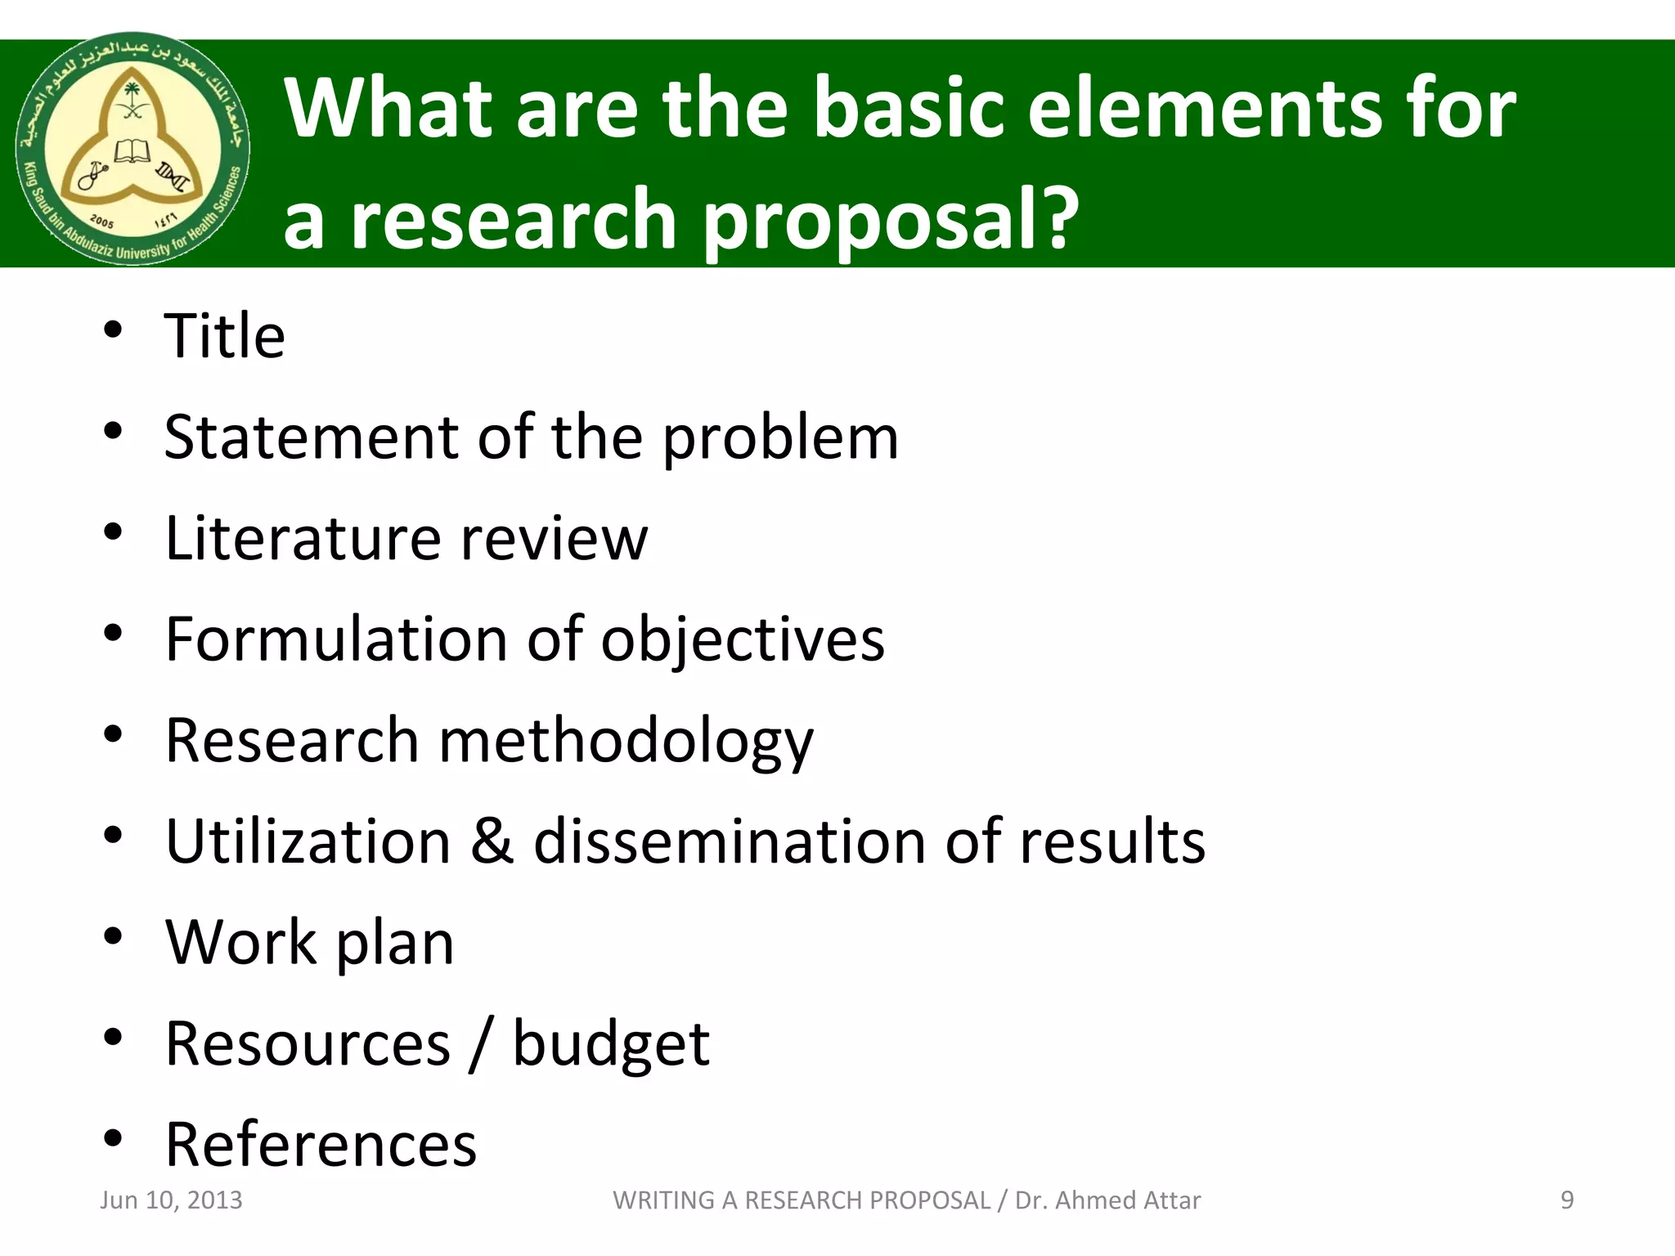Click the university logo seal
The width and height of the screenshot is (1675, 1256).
coord(132,149)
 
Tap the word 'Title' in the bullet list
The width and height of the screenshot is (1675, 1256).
coord(225,336)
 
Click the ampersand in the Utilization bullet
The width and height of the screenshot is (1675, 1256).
coord(492,841)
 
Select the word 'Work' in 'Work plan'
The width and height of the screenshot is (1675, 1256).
coord(241,943)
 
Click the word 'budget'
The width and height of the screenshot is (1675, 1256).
coord(611,1045)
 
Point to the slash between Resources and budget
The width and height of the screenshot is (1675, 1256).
coord(481,1045)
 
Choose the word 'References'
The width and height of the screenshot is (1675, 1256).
coord(321,1145)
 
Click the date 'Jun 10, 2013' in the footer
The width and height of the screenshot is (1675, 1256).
coord(171,1200)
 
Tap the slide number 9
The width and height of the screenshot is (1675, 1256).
coord(1567,1200)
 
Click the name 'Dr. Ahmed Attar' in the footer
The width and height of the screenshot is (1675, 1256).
coord(1107,1200)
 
